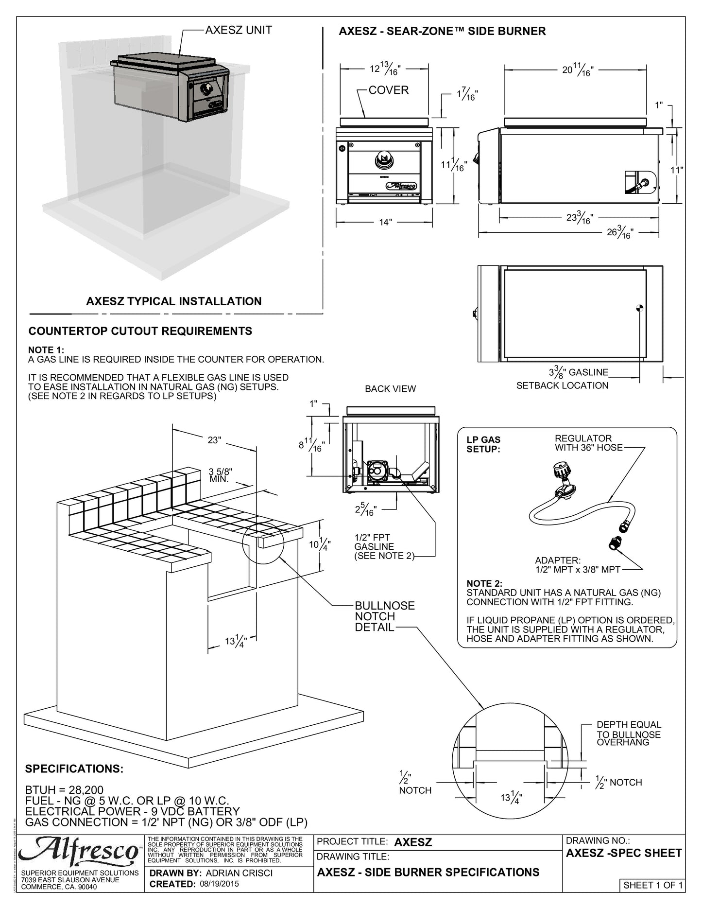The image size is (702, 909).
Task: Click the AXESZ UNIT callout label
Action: click(x=238, y=30)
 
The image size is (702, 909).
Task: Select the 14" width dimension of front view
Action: click(x=385, y=222)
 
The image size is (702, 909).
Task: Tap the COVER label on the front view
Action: click(x=388, y=90)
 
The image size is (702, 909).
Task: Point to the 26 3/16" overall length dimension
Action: click(x=620, y=233)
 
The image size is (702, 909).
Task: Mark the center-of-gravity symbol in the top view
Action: click(x=640, y=307)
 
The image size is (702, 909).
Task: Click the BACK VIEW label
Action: click(x=390, y=389)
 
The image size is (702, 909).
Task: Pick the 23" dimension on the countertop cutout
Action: click(x=214, y=440)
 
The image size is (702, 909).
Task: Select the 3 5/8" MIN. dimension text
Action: click(x=221, y=475)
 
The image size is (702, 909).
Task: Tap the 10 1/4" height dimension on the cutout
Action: click(x=320, y=544)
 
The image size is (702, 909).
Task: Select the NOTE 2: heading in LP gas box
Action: click(x=484, y=583)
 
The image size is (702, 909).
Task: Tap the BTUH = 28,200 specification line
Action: click(x=64, y=790)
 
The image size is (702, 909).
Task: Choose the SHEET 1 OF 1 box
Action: click(x=652, y=885)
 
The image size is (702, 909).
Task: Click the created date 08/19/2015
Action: click(x=219, y=884)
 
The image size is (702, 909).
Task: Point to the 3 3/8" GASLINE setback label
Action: click(x=578, y=373)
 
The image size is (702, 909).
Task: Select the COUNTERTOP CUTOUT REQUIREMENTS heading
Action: click(x=140, y=331)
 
